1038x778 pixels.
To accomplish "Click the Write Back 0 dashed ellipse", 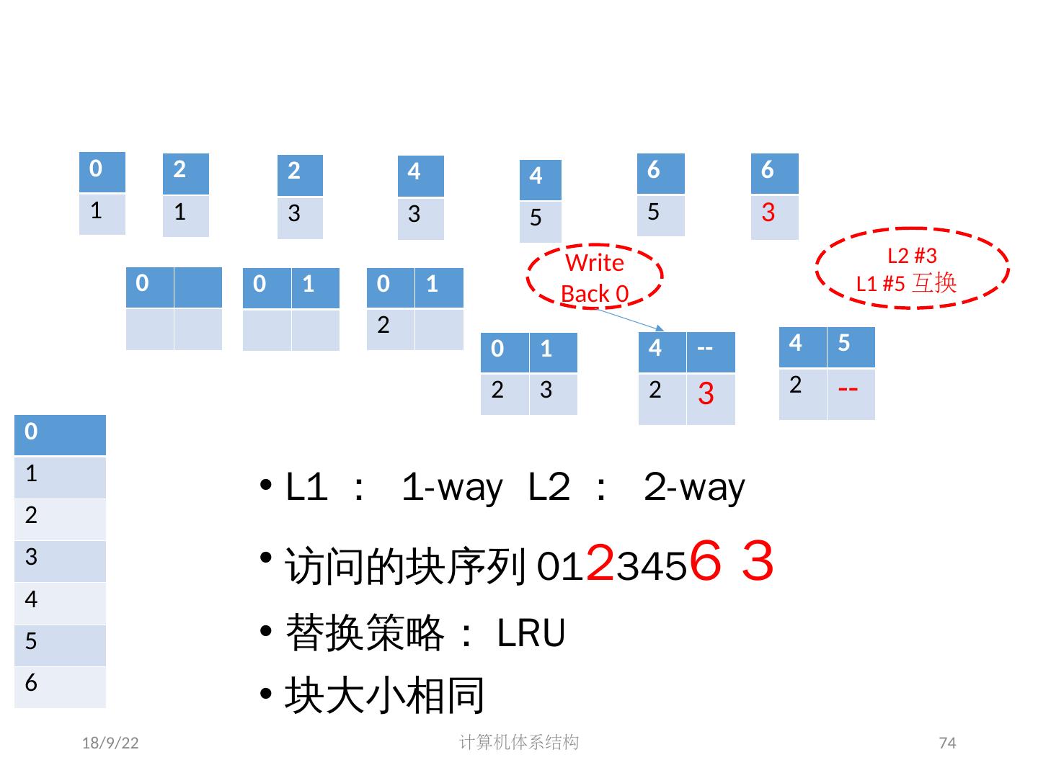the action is [x=595, y=277].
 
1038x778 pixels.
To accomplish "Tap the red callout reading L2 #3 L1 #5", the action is [x=912, y=268].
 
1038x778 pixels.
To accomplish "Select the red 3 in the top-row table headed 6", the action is [x=768, y=213].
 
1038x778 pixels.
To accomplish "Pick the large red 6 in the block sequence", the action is [x=706, y=562].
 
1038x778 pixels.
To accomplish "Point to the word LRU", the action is [x=531, y=634].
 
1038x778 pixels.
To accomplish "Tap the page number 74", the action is [x=947, y=743].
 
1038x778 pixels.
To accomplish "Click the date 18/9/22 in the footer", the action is [x=110, y=743].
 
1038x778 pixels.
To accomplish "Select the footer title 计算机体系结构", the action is [x=519, y=742].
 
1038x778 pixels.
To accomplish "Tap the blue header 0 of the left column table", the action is [x=60, y=434].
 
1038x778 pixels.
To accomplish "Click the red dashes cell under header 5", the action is [x=849, y=390].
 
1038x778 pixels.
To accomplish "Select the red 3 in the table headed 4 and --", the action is [x=707, y=394].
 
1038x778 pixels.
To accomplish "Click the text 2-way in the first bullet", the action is [x=695, y=488].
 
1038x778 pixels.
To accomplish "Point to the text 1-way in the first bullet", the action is [x=452, y=488].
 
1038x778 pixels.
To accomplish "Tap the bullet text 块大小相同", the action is [x=385, y=695].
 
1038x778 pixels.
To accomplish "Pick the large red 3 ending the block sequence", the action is [x=758, y=562].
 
